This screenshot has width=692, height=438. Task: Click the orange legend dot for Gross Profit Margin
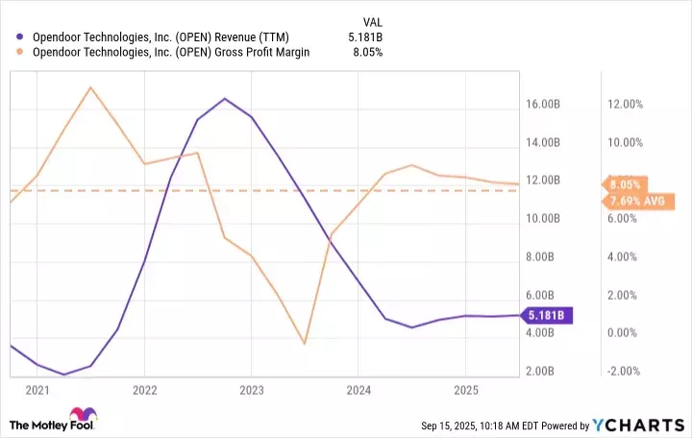[x=21, y=53]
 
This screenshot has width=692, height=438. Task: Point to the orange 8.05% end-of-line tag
[x=624, y=183]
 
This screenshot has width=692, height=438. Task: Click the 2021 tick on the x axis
[x=37, y=391]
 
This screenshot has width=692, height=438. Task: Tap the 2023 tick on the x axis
[x=251, y=391]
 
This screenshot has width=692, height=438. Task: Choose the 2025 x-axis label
[x=465, y=391]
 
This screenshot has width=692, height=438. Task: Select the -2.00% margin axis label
[x=625, y=371]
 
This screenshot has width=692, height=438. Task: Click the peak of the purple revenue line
[x=224, y=98]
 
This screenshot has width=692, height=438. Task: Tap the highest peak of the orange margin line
[x=90, y=87]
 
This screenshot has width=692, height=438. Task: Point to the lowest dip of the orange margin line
[x=304, y=343]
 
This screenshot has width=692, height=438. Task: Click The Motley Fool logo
[x=53, y=424]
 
